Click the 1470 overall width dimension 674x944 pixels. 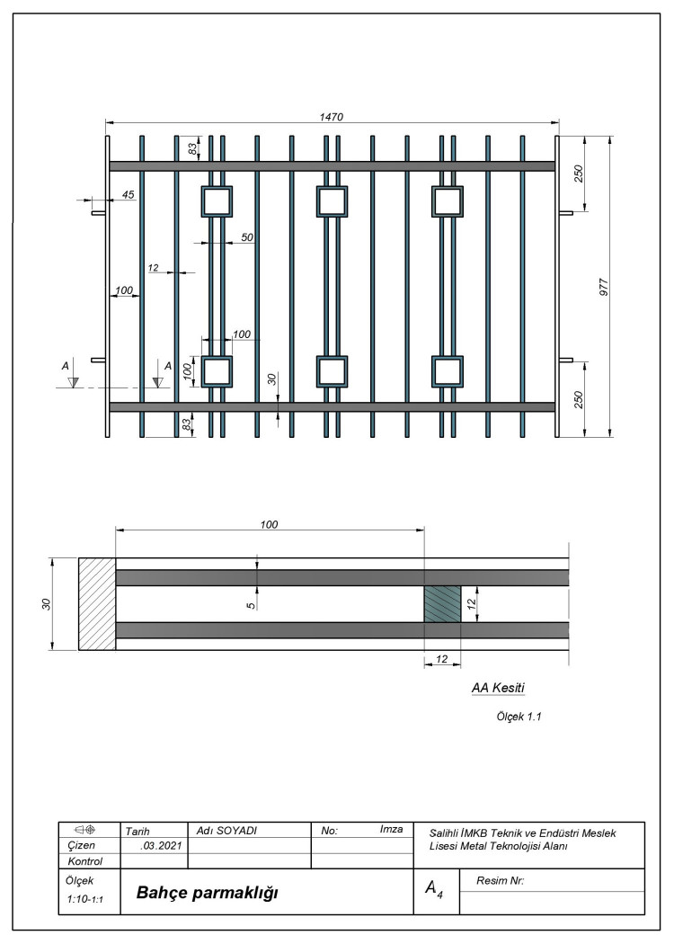click(331, 117)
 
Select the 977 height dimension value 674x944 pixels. click(604, 287)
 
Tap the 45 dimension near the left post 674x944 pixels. click(129, 194)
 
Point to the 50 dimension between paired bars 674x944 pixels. click(247, 237)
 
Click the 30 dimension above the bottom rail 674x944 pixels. click(272, 379)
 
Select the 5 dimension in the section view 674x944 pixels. click(251, 605)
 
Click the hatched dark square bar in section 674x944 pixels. click(443, 604)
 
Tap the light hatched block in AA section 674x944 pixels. click(97, 604)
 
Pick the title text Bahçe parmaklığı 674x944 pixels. click(207, 892)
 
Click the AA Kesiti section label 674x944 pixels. click(498, 688)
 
